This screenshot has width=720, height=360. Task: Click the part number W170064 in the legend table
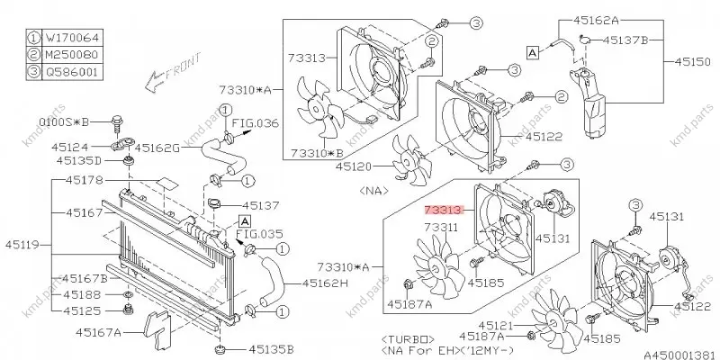(72, 37)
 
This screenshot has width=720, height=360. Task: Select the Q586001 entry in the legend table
(72, 72)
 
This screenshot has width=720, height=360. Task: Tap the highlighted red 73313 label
(443, 210)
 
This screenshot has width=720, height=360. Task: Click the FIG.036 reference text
(255, 123)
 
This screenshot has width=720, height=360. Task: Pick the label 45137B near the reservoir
(625, 40)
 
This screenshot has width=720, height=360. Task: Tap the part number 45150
(692, 61)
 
